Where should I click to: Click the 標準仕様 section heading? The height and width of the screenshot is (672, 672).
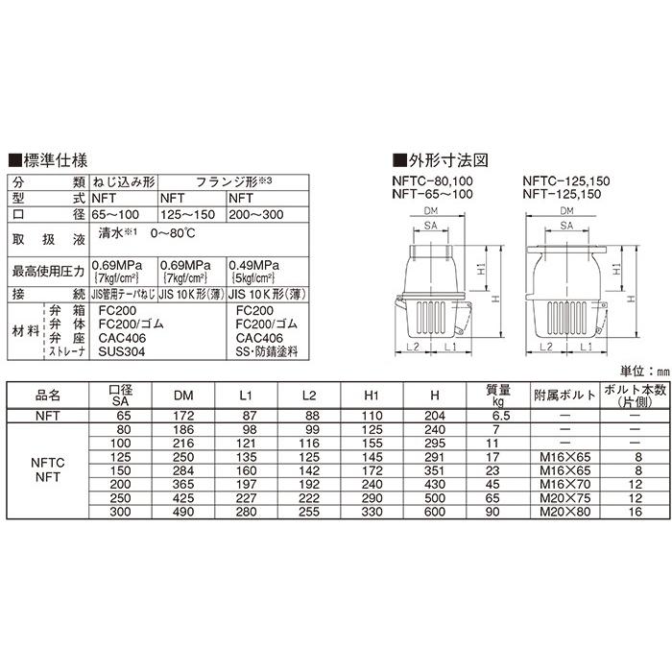pos(49,161)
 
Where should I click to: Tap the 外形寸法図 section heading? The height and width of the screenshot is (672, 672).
pos(440,161)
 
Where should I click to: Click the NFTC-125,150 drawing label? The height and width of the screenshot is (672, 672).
pos(567,181)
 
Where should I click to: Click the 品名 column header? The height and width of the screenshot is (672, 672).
pos(48,394)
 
